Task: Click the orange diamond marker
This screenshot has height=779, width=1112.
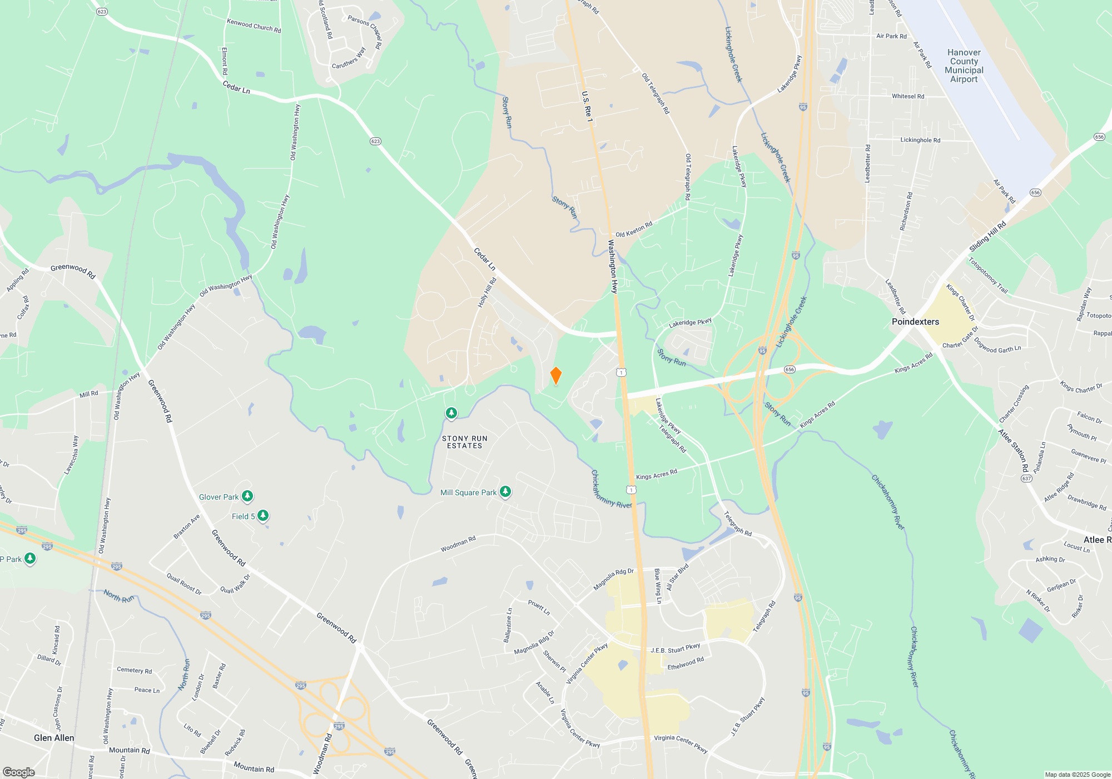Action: (555, 376)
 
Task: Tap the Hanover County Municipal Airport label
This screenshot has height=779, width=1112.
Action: (964, 66)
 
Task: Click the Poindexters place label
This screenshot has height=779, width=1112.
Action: (915, 322)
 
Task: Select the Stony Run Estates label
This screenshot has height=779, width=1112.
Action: (465, 442)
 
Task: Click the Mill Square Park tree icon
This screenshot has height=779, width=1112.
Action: (505, 491)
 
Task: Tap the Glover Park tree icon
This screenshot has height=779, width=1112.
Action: (247, 496)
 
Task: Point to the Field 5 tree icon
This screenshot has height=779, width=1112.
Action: (263, 515)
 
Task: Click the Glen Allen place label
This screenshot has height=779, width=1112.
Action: (54, 738)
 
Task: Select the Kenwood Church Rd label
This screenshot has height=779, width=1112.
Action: (254, 26)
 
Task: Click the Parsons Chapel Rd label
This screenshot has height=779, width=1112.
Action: (365, 31)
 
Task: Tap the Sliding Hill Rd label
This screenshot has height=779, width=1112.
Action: (987, 236)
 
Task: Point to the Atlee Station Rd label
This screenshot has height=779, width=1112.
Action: (1013, 450)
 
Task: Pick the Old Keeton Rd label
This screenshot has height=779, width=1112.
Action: (634, 229)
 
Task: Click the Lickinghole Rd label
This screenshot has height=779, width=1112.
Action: (920, 140)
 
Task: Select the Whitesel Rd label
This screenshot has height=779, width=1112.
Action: (908, 96)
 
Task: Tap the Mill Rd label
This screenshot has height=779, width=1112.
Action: (88, 394)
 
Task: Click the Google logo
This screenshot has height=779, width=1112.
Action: (19, 772)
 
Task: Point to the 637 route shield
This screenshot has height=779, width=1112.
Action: (1026, 478)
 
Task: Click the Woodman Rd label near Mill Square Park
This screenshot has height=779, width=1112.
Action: (458, 544)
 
